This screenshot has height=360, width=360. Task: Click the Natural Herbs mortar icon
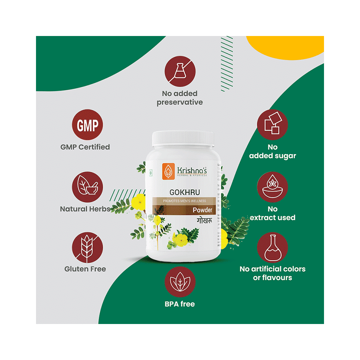coord(87,187)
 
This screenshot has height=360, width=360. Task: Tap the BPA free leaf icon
coord(180,282)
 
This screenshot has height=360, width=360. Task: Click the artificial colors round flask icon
coord(272,248)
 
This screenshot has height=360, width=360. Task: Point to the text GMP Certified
coord(85,147)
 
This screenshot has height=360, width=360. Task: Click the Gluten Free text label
coord(85,269)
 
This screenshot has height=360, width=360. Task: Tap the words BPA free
coord(180,304)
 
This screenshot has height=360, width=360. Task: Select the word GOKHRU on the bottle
coord(184,193)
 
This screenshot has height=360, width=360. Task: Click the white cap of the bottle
coord(183,139)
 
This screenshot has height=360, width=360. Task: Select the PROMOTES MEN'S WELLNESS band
coord(184,201)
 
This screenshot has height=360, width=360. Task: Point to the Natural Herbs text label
coord(85,209)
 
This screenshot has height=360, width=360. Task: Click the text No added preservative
coord(180,98)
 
